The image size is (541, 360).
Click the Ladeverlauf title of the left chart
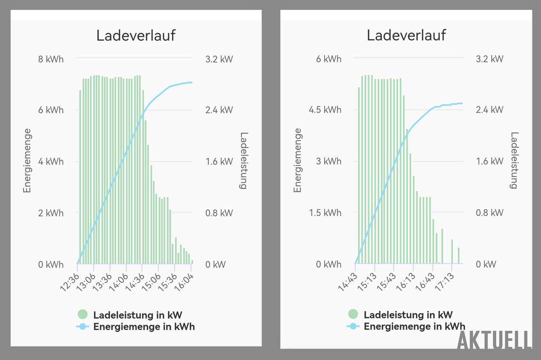[136, 35]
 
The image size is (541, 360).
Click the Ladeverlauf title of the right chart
[406, 35]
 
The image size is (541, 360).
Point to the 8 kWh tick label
[51, 59]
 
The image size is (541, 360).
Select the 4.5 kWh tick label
[325, 110]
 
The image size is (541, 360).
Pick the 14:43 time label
[347, 282]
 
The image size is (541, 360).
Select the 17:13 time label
[444, 282]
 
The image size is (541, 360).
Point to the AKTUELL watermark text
[495, 341]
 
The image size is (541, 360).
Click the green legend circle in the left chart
[82, 314]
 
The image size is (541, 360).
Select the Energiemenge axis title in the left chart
[27, 161]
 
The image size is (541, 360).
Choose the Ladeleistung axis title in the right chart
[514, 161]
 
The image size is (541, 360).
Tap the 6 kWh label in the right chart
[328, 59]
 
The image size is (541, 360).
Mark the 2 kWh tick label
[51, 213]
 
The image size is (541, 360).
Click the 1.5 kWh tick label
[325, 213]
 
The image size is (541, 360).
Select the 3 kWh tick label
[328, 161]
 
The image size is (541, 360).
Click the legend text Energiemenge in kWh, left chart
[144, 326]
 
